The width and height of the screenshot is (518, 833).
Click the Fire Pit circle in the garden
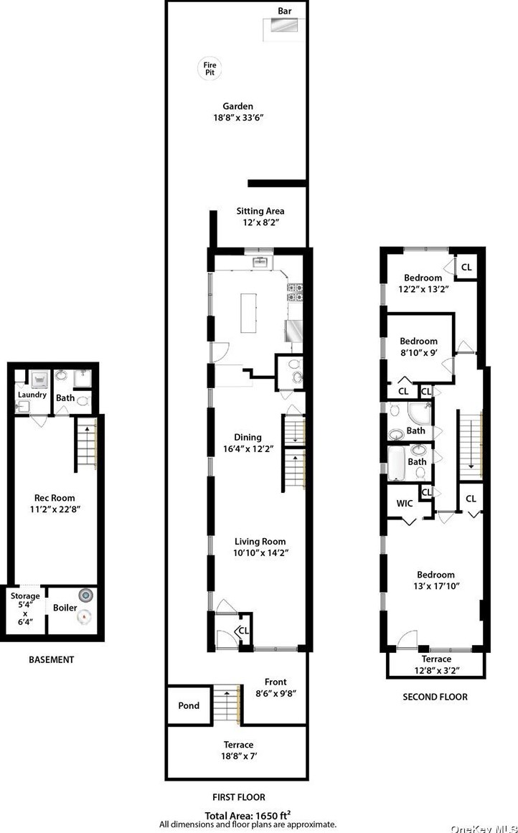(209, 69)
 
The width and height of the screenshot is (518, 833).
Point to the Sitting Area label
(260, 211)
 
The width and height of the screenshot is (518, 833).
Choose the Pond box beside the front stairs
(189, 705)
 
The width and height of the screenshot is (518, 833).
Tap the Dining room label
(248, 437)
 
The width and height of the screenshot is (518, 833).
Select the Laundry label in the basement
(32, 395)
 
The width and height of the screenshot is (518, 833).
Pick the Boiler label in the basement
(65, 608)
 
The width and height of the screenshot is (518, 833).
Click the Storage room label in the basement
(25, 596)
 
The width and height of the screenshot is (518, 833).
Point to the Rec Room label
(55, 498)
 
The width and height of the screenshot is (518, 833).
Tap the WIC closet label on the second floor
(405, 503)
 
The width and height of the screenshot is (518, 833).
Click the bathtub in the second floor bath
(397, 463)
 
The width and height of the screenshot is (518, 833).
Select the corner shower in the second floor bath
(418, 413)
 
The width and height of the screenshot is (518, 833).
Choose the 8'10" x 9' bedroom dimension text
(418, 352)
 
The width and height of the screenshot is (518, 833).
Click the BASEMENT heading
(51, 659)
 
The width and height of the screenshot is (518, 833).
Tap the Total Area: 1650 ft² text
(248, 815)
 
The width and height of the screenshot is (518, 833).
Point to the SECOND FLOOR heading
(435, 697)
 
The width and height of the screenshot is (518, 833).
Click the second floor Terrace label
(436, 659)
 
